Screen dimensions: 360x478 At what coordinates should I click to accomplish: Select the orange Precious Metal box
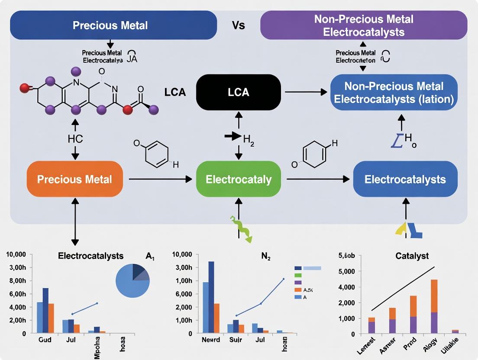click(74, 179)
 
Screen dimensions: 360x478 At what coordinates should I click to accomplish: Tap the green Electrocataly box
click(239, 179)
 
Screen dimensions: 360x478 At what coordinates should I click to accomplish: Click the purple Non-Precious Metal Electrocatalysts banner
click(363, 26)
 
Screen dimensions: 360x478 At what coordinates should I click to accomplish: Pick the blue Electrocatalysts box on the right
click(405, 179)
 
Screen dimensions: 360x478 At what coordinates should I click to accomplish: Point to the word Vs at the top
click(239, 25)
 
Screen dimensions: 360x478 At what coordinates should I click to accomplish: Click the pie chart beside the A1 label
click(132, 281)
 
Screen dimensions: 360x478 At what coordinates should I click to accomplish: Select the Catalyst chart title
click(412, 256)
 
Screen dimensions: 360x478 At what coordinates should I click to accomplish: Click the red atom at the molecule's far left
click(24, 89)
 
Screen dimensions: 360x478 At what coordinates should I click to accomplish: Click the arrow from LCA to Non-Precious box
click(305, 92)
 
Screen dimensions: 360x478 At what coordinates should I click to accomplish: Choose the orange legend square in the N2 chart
click(297, 290)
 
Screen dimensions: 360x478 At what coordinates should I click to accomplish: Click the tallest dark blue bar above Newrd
click(211, 297)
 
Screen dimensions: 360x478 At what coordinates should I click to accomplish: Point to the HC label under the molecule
click(75, 139)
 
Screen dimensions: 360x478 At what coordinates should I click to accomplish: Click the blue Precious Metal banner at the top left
click(113, 25)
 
